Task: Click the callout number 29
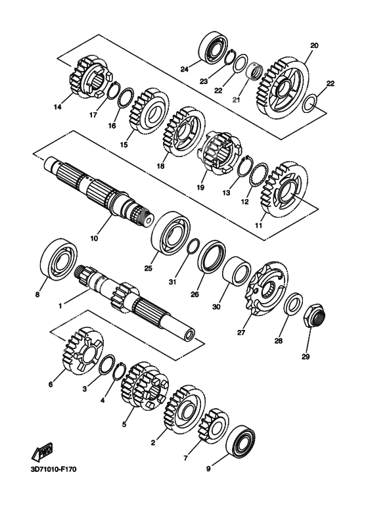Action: tap(306, 357)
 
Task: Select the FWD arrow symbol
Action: tap(42, 452)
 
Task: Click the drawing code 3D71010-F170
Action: tap(54, 469)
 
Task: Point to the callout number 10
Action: tap(94, 239)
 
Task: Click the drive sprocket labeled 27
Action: tap(267, 288)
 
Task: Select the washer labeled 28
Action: tap(294, 304)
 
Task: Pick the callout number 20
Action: tap(314, 45)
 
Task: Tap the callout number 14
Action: tap(58, 107)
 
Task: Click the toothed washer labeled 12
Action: tap(258, 175)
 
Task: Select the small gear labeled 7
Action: tap(213, 424)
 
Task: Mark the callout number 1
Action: tap(60, 305)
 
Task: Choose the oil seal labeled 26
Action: tap(212, 256)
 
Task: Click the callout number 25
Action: tap(148, 269)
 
